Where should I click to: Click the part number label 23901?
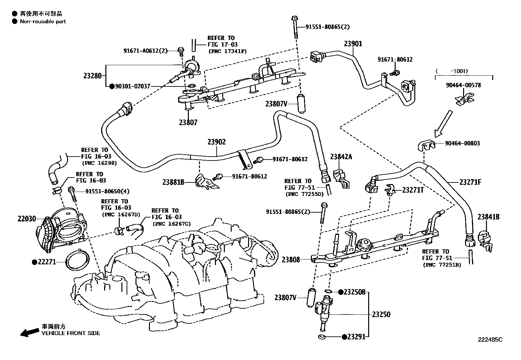click(x=353, y=44)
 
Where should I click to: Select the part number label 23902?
click(x=217, y=142)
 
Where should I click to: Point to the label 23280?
click(x=93, y=76)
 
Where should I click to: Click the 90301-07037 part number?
click(x=133, y=86)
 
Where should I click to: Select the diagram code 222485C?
click(x=490, y=340)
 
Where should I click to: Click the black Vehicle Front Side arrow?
click(x=29, y=332)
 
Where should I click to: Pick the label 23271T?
click(x=413, y=190)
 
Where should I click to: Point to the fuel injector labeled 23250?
click(x=324, y=313)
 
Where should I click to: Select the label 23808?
click(x=291, y=260)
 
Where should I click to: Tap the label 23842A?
click(x=341, y=157)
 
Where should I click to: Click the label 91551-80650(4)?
click(x=107, y=191)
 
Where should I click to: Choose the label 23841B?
click(x=488, y=217)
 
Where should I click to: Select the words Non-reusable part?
click(x=43, y=21)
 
